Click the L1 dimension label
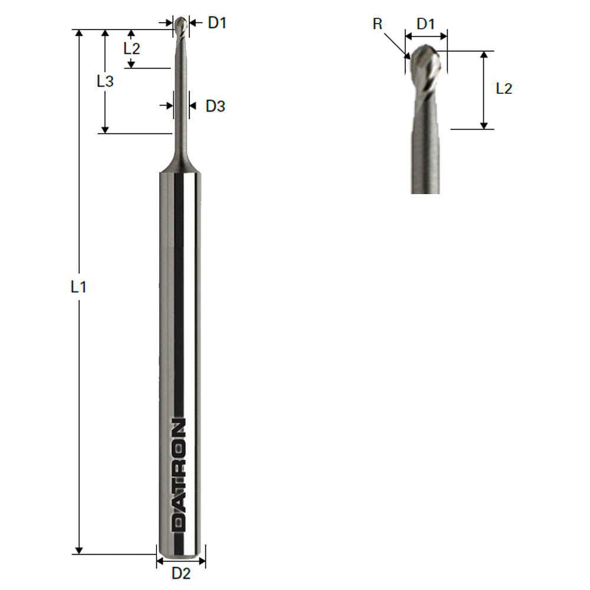(78, 288)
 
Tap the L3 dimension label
(105, 81)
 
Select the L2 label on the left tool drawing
(132, 49)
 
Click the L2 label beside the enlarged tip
(504, 88)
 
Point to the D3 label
(215, 106)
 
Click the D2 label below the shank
(181, 572)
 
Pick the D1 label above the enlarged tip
(426, 24)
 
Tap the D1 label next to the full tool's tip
(217, 23)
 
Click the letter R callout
(378, 24)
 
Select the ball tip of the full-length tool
(182, 25)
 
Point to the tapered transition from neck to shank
(180, 162)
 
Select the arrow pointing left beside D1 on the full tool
(195, 23)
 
